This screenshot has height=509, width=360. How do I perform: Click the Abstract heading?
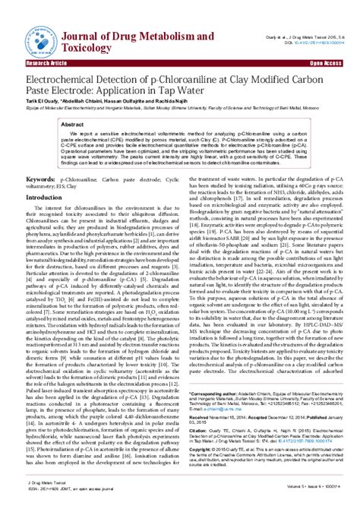tap(72, 124)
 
